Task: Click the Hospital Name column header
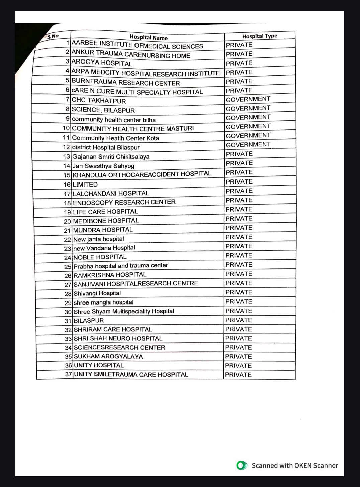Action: point(149,37)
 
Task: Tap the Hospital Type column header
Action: point(260,36)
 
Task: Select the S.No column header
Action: point(53,36)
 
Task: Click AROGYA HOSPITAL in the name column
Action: point(102,63)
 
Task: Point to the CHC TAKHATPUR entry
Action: point(99,100)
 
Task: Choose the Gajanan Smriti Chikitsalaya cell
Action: point(111,156)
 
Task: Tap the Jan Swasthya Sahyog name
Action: point(103,166)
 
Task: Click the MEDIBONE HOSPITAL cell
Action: point(106,221)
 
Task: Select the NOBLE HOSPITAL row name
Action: point(100,257)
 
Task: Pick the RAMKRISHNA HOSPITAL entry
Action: point(110,275)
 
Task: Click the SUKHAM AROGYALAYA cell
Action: point(108,356)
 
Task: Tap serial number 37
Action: point(68,374)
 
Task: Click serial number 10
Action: point(66,128)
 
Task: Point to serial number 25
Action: point(68,267)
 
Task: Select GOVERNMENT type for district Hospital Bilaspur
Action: point(248,144)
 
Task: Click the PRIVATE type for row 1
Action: point(239,45)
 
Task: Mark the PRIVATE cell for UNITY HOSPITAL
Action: point(238,366)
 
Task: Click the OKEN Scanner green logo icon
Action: point(242,465)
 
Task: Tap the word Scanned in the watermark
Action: point(265,465)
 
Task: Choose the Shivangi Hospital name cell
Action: point(97,293)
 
